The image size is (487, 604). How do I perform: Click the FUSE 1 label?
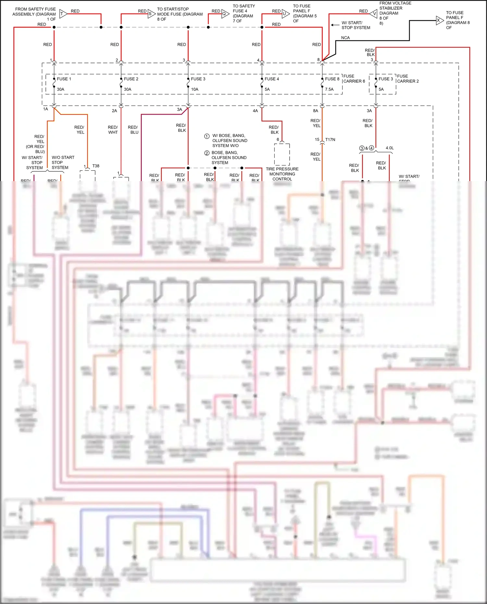click(64, 79)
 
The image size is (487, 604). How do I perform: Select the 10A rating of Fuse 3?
click(194, 89)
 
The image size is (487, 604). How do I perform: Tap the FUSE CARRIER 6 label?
click(354, 79)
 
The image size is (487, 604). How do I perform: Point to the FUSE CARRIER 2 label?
click(408, 79)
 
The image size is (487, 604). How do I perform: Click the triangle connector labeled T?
click(63, 14)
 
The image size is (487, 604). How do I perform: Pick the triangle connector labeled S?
click(151, 14)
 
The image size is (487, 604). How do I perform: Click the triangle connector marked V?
click(374, 14)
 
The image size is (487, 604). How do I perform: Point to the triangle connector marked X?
click(440, 20)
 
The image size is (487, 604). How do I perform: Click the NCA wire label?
click(345, 38)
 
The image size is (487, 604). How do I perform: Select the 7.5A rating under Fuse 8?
click(329, 89)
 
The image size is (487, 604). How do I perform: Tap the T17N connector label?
click(330, 140)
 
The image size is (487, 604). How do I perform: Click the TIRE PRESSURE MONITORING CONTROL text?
click(282, 174)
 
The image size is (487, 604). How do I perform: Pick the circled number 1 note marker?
click(207, 136)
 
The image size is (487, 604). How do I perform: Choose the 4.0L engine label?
click(390, 148)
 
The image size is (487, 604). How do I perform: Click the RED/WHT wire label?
click(113, 130)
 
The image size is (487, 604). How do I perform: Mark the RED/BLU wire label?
click(133, 130)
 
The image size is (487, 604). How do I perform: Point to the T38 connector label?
click(96, 166)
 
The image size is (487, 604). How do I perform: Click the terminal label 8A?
click(315, 111)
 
